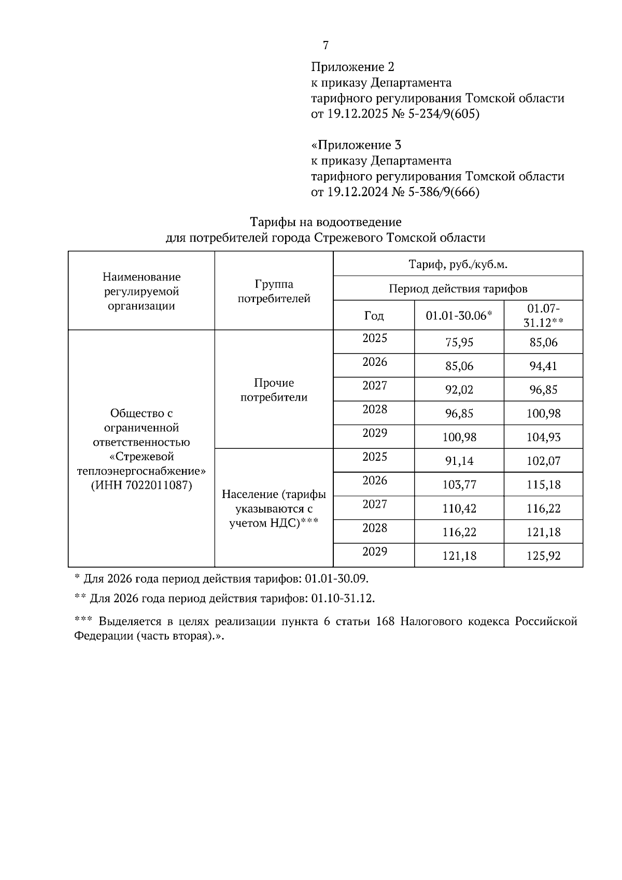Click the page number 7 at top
click(326, 46)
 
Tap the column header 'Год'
click(374, 316)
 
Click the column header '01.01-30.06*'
click(458, 316)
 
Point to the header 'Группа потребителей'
click(274, 291)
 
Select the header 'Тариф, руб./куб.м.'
click(458, 264)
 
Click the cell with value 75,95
click(459, 343)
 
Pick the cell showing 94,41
click(543, 366)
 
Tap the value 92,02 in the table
click(459, 390)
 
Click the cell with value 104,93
click(543, 437)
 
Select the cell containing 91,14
click(459, 461)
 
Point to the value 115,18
click(543, 485)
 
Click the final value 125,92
click(543, 556)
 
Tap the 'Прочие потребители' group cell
click(274, 390)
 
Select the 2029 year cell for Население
click(374, 551)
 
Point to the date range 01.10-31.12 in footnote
click(342, 599)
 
